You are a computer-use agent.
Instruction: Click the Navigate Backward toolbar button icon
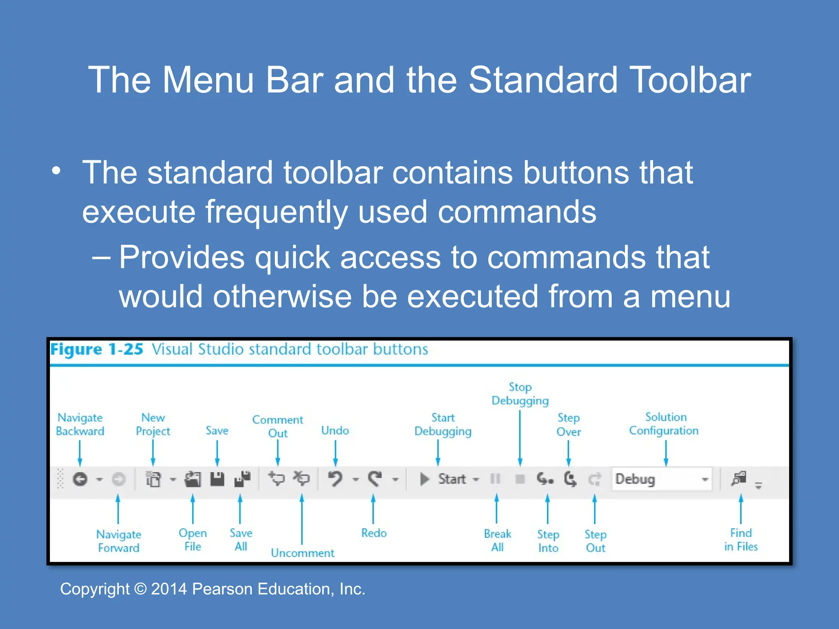click(80, 479)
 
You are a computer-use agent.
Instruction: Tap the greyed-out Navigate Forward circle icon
click(118, 479)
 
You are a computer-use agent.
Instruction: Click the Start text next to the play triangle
click(452, 479)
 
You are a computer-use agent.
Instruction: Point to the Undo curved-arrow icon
click(335, 478)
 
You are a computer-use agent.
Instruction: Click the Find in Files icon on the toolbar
click(739, 478)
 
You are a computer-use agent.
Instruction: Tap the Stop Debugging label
click(520, 394)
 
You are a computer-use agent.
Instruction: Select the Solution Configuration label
click(664, 423)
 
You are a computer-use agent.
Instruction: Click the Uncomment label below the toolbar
click(302, 553)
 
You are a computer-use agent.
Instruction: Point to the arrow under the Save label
click(217, 453)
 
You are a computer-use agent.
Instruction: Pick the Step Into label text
click(548, 541)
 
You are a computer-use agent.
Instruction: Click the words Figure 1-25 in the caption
click(97, 349)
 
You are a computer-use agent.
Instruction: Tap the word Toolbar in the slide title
click(690, 80)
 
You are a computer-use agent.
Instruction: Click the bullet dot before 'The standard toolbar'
click(57, 171)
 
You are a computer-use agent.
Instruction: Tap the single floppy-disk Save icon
click(217, 479)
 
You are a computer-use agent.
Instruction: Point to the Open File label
click(193, 539)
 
